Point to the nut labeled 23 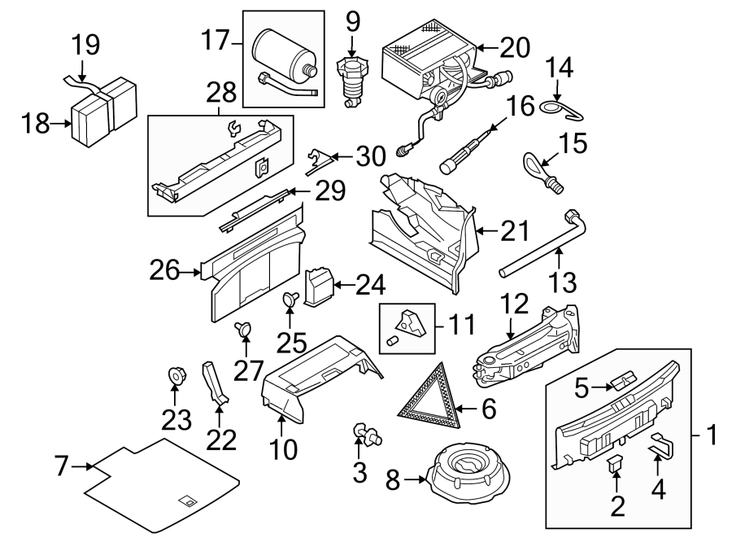point(175,376)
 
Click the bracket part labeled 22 point(216,383)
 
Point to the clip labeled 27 point(242,329)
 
